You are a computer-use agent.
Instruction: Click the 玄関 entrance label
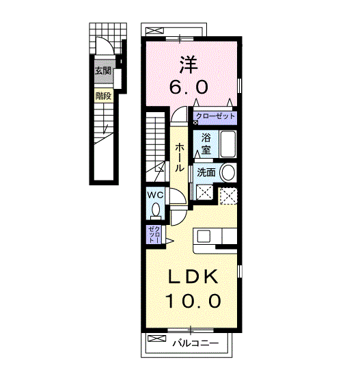103,70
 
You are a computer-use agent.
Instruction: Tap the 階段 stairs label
103,96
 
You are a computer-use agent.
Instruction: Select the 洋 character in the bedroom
189,65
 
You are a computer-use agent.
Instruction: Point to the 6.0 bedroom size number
189,87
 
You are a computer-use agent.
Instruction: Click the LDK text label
193,276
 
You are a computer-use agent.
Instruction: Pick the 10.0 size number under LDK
193,301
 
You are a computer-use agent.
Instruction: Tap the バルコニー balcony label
195,343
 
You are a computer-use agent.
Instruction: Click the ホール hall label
179,157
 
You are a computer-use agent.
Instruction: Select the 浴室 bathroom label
206,144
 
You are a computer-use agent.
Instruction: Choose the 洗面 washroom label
206,172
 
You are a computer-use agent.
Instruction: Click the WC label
155,196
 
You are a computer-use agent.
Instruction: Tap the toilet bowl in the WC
156,210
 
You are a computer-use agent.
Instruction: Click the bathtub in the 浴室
227,144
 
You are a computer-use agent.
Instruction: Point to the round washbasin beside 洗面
228,172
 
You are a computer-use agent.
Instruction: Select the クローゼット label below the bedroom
215,116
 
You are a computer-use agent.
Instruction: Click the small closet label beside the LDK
154,234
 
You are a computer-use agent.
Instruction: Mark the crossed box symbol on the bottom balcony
157,338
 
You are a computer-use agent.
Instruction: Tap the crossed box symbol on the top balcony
155,31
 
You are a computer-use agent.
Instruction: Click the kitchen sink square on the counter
204,236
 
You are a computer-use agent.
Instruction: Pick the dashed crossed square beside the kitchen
228,196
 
